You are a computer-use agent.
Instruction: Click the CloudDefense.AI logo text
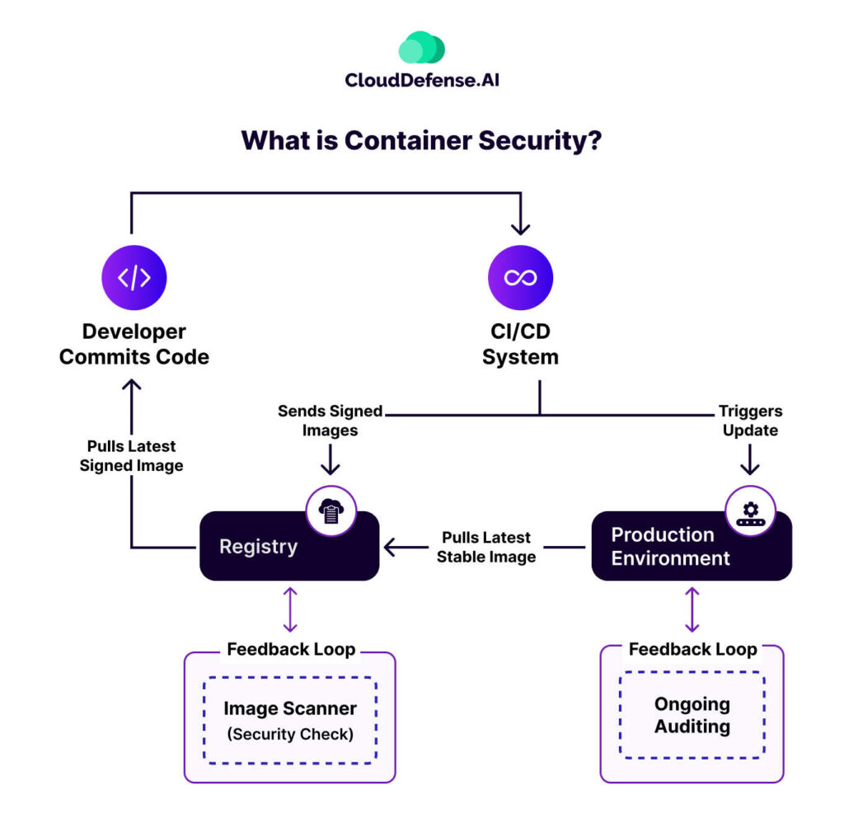pyautogui.click(x=421, y=80)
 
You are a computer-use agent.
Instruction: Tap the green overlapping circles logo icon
pyautogui.click(x=421, y=48)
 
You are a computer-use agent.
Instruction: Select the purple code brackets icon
pyautogui.click(x=134, y=278)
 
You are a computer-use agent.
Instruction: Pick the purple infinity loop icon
pyautogui.click(x=520, y=278)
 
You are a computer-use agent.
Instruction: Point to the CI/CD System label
pyautogui.click(x=520, y=344)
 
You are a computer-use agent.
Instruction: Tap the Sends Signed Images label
pyautogui.click(x=330, y=420)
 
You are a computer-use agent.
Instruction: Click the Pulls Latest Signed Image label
pyautogui.click(x=132, y=455)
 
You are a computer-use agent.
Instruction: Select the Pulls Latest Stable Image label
pyautogui.click(x=486, y=547)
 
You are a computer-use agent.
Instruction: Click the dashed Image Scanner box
pyautogui.click(x=290, y=720)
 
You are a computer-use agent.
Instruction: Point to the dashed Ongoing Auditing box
pyautogui.click(x=692, y=715)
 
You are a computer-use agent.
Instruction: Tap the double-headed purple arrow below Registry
pyautogui.click(x=289, y=609)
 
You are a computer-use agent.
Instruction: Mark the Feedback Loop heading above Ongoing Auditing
pyautogui.click(x=692, y=649)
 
